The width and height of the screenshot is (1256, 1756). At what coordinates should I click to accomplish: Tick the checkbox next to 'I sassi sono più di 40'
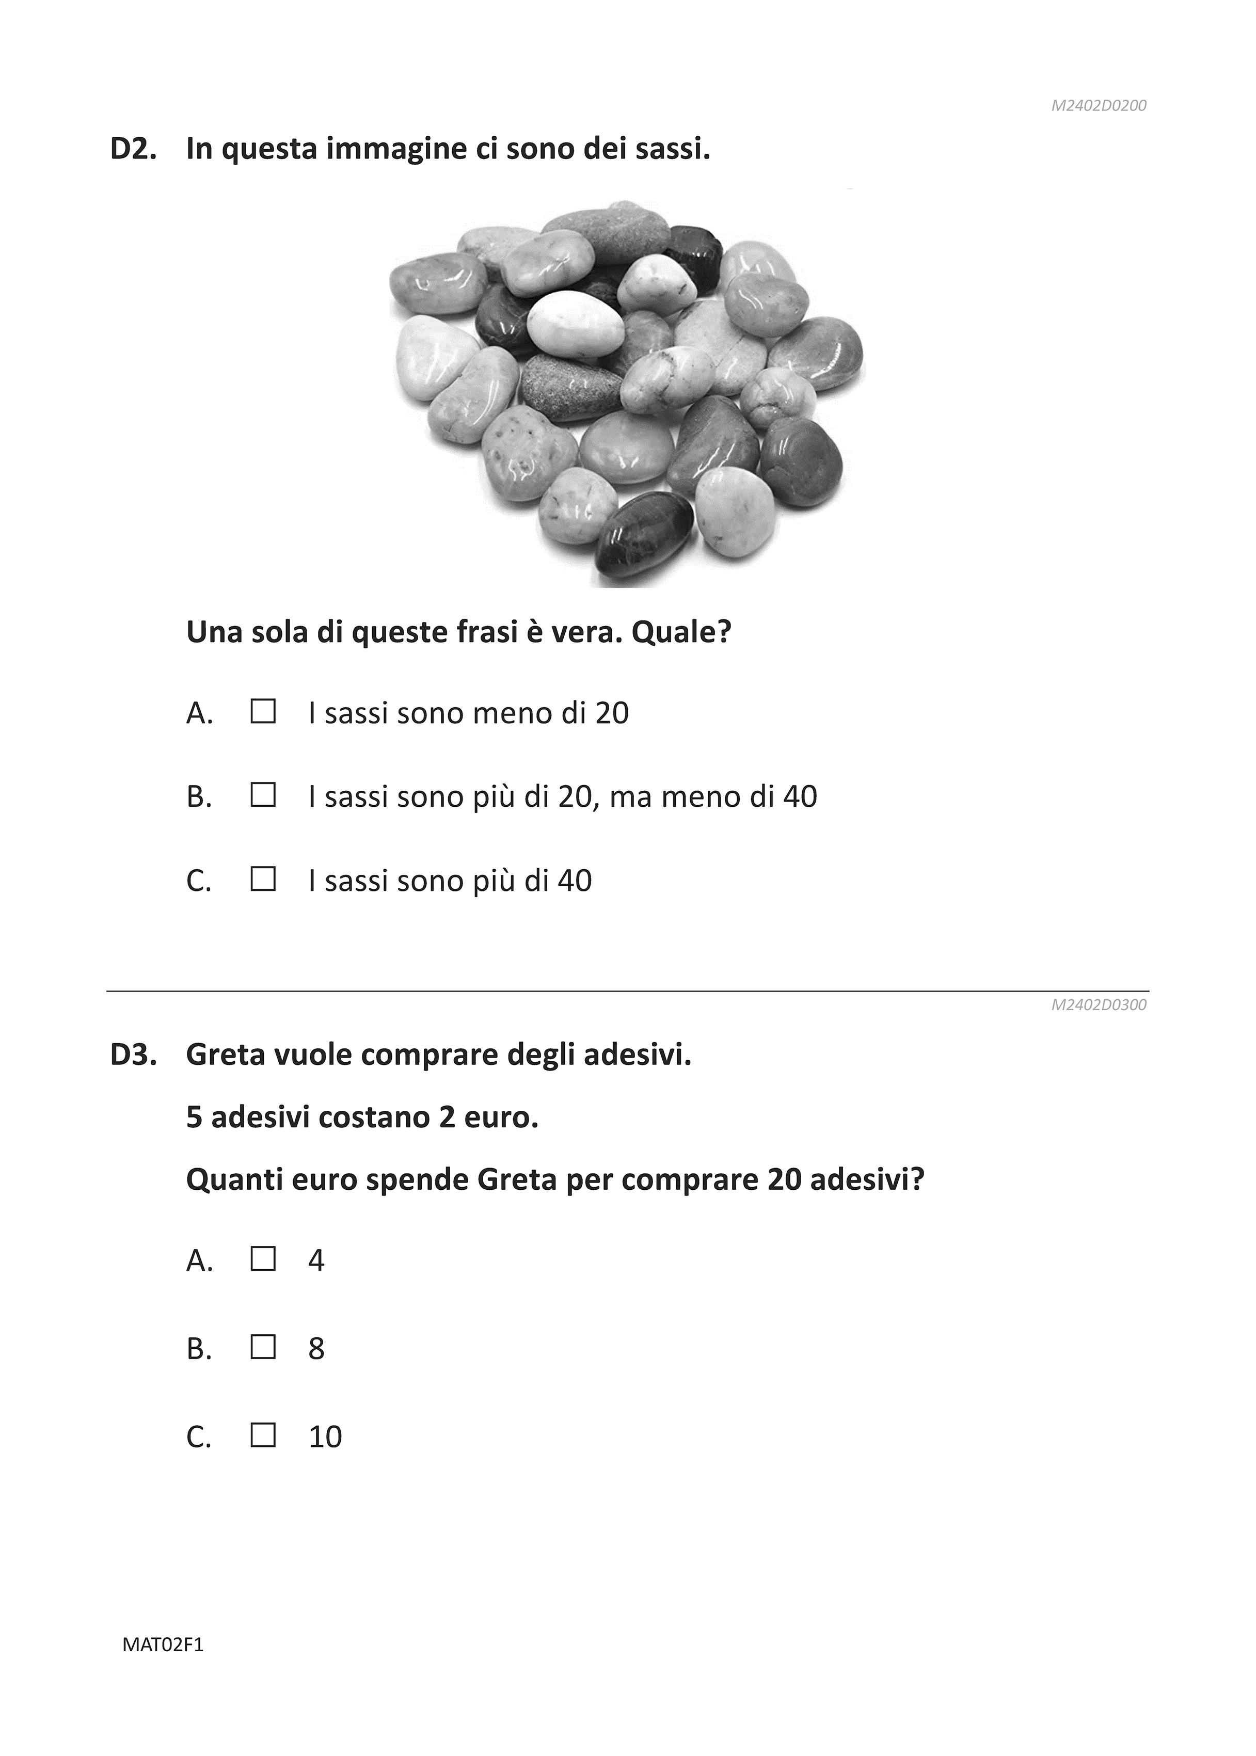click(x=263, y=879)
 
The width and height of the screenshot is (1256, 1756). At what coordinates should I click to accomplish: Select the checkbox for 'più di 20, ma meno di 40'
click(x=263, y=795)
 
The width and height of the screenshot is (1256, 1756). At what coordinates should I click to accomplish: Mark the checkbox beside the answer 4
click(x=263, y=1259)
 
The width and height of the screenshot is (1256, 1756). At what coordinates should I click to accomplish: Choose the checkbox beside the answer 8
click(x=263, y=1348)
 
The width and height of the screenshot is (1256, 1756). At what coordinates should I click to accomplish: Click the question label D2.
click(x=133, y=149)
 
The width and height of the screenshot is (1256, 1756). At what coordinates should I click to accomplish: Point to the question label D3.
click(x=133, y=1054)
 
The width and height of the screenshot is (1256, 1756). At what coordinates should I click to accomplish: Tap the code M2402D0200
click(x=1098, y=106)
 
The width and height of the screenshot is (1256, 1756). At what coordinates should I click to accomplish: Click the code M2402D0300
click(x=1098, y=1005)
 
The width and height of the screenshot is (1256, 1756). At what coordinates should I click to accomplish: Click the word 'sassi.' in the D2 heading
click(x=672, y=149)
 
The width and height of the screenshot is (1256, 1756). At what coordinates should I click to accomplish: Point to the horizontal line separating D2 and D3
click(x=627, y=991)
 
